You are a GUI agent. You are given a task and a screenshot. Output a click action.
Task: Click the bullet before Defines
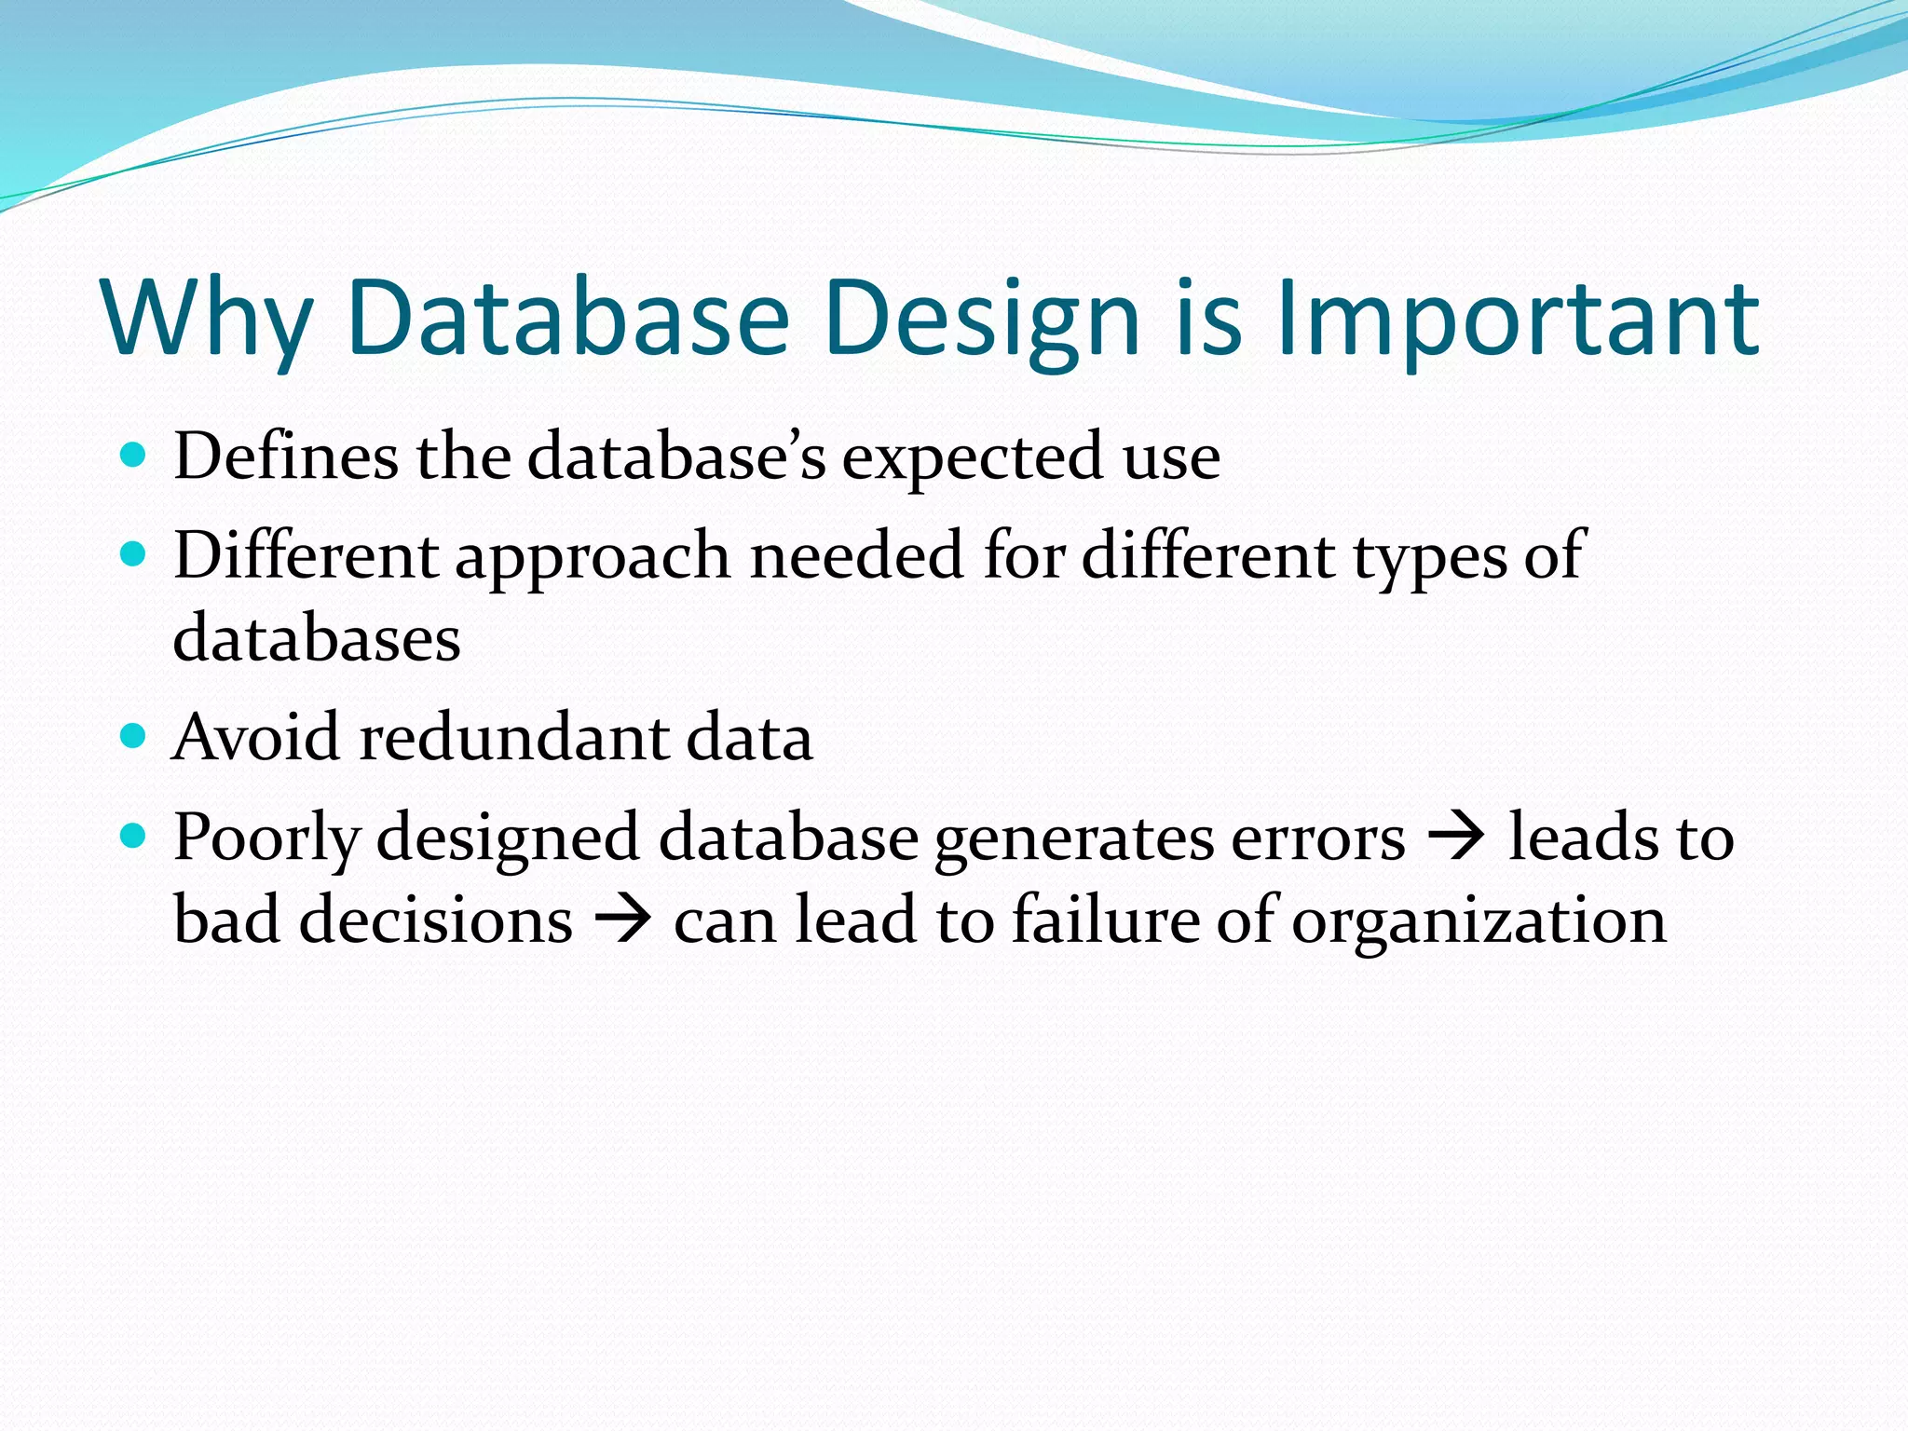[x=134, y=455]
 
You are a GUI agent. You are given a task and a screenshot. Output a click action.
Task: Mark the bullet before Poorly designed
[x=134, y=836]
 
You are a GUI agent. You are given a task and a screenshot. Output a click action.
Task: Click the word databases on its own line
[x=317, y=639]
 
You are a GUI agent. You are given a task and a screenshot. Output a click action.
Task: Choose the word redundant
[x=514, y=738]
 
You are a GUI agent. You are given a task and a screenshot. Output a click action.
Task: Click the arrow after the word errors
[x=1456, y=836]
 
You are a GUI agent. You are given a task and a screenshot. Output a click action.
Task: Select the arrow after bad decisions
[x=622, y=920]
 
